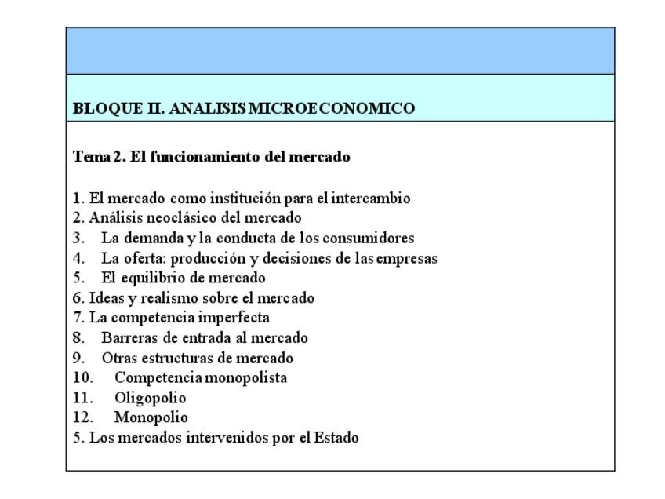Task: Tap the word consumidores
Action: [370, 238]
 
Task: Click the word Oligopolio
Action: [151, 398]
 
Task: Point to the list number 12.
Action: [82, 417]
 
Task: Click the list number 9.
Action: [78, 358]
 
